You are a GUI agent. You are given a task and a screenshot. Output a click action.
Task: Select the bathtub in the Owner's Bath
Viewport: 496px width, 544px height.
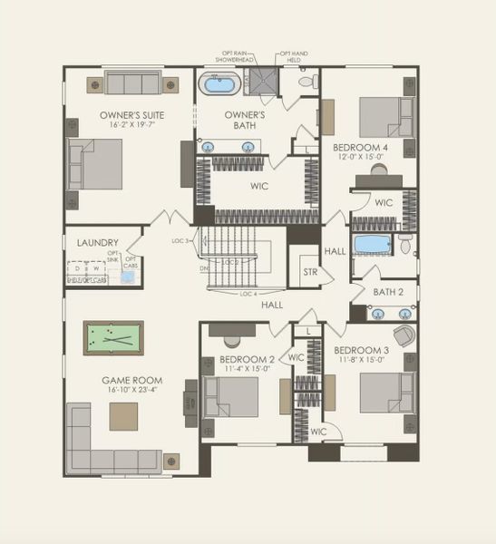click(219, 88)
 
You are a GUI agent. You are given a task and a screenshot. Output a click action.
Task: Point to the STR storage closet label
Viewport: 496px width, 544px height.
click(310, 271)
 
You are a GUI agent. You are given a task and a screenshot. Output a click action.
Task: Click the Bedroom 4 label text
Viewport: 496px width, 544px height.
click(360, 148)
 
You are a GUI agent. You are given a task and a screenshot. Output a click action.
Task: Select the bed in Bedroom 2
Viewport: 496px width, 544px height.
click(231, 397)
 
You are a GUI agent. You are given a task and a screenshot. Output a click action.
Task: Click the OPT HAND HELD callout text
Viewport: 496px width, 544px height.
click(293, 57)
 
